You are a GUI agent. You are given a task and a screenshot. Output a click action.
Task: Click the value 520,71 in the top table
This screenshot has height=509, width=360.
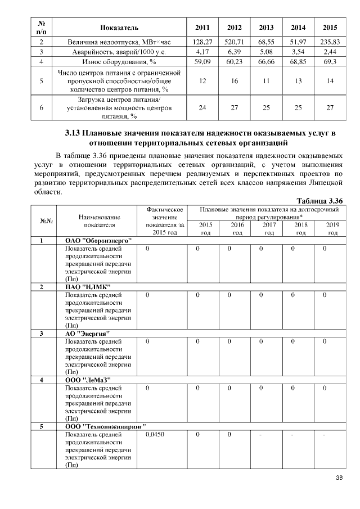point(235,42)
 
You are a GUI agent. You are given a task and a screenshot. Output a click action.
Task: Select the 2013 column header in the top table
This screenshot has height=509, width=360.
point(267,28)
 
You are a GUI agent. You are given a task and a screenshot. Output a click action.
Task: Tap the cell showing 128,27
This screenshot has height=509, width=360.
point(202,42)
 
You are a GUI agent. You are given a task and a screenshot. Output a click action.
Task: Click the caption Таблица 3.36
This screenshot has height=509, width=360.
point(319,201)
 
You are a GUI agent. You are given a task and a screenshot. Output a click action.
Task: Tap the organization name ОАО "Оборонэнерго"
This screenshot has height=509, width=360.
point(98,241)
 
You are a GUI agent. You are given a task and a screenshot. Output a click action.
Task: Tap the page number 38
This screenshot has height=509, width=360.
point(339,478)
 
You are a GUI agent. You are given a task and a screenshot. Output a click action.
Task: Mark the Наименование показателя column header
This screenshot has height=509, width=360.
point(100,220)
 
